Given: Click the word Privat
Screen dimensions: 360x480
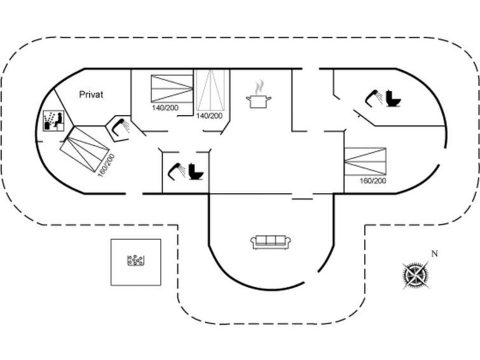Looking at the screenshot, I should pyautogui.click(x=92, y=94).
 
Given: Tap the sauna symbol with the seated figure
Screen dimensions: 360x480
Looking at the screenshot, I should pyautogui.click(x=51, y=120).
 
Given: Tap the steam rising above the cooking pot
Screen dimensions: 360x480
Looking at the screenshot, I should pyautogui.click(x=259, y=87).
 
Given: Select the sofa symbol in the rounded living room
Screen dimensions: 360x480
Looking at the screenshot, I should pyautogui.click(x=271, y=242).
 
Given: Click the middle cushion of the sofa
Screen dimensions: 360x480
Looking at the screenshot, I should pyautogui.click(x=271, y=240).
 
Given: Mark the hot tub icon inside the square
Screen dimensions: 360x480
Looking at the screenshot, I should pyautogui.click(x=137, y=261).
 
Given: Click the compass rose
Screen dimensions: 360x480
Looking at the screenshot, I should pyautogui.click(x=415, y=275).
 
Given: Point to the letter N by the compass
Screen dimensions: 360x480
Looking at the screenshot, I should pyautogui.click(x=434, y=254).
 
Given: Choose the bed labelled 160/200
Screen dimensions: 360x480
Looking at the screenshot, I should pyautogui.click(x=365, y=162).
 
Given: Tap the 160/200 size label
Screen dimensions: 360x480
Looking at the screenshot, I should pyautogui.click(x=373, y=181).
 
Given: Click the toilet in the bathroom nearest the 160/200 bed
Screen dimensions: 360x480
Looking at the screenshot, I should pyautogui.click(x=394, y=99).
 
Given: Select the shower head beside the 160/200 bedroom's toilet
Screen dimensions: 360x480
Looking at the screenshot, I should pyautogui.click(x=373, y=97).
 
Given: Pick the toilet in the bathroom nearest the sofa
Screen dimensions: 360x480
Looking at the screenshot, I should pyautogui.click(x=196, y=172).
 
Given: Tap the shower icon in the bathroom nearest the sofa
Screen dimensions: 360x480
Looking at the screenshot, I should pyautogui.click(x=175, y=170).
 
